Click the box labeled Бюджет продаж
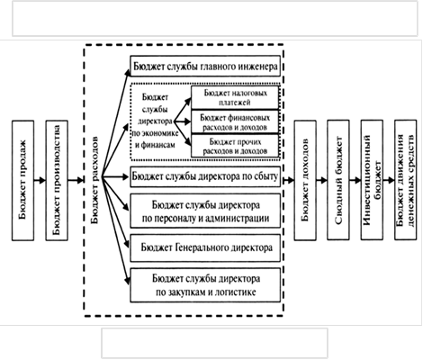(23, 180)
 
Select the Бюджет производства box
(57, 180)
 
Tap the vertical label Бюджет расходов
(94, 180)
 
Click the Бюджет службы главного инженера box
(205, 66)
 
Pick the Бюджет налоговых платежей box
(235, 97)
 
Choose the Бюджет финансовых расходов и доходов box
(235, 121)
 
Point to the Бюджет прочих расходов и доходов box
(235, 146)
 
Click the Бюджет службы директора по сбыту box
(205, 176)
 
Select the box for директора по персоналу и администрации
(205, 211)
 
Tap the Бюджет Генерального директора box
(205, 247)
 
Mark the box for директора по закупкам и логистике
(205, 285)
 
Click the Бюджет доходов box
(305, 180)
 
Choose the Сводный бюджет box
(338, 180)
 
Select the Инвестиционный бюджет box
(372, 180)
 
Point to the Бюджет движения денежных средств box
(406, 180)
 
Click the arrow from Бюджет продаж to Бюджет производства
(40, 180)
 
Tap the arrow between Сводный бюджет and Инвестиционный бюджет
(355, 180)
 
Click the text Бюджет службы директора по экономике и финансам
(155, 121)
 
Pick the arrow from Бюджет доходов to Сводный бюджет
(321, 180)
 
